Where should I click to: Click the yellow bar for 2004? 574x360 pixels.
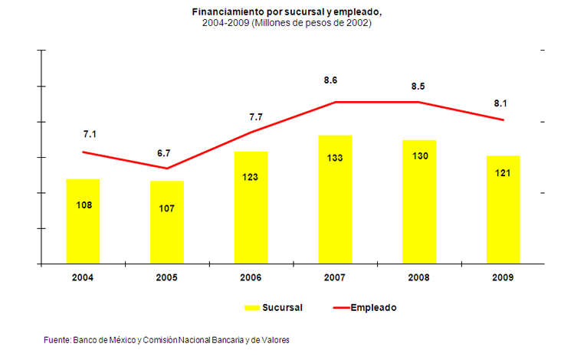click(x=83, y=221)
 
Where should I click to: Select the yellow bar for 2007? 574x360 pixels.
click(x=335, y=200)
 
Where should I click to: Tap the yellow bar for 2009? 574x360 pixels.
click(x=503, y=210)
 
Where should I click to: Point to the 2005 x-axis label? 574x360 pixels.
click(x=167, y=277)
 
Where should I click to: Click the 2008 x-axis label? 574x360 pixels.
click(x=419, y=277)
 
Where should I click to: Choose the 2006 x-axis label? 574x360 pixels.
click(x=251, y=277)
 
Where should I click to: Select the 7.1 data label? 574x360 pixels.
click(x=90, y=134)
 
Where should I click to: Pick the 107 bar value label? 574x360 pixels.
click(x=167, y=209)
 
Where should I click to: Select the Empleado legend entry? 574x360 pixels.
click(x=373, y=307)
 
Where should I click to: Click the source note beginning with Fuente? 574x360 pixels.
click(x=166, y=339)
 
